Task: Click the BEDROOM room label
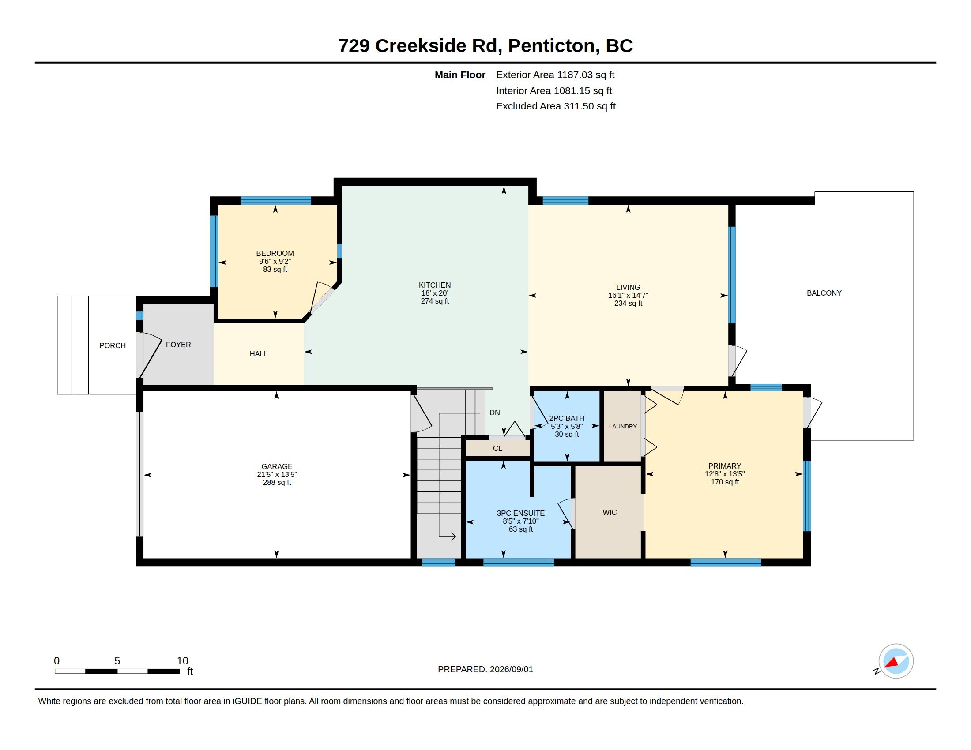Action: tap(275, 253)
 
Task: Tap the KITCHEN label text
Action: tap(435, 285)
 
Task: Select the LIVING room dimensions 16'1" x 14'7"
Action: tap(628, 296)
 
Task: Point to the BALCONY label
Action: tap(824, 293)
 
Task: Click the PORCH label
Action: tap(113, 346)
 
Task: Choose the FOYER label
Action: tap(178, 345)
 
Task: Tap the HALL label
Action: tap(259, 354)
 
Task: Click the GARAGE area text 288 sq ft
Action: tap(277, 483)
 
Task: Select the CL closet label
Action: tap(497, 449)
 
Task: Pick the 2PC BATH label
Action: tap(567, 419)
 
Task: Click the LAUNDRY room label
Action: tap(623, 427)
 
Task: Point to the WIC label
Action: tap(610, 513)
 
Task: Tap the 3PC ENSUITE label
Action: tap(521, 513)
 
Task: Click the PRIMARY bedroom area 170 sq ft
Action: tap(725, 482)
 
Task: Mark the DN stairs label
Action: tap(495, 413)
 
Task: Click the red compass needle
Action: tap(892, 663)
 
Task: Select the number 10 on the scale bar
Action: tap(183, 661)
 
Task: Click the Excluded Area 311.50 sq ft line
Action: tap(556, 106)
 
